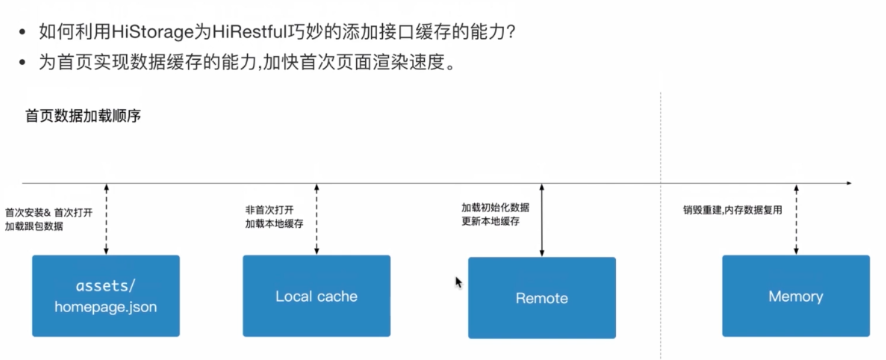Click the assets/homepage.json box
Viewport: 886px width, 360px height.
coord(106,296)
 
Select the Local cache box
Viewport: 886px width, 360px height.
coord(316,296)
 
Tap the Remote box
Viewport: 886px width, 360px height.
coord(542,298)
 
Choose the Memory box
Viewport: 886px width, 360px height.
coord(795,296)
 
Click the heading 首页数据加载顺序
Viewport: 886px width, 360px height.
coord(83,116)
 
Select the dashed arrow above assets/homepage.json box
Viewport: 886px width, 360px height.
coord(106,219)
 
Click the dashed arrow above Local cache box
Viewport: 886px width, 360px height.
coord(317,219)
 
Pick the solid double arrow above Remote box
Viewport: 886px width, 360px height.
coord(542,220)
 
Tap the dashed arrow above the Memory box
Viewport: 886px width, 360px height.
coord(796,219)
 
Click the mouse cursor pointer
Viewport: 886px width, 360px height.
coord(458,282)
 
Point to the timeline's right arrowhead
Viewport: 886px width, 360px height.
coord(848,183)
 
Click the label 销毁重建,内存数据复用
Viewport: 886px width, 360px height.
coord(733,210)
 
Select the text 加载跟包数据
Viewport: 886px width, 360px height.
coord(34,226)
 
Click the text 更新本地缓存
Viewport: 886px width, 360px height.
coord(490,222)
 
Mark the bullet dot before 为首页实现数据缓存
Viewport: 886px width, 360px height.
coord(22,63)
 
